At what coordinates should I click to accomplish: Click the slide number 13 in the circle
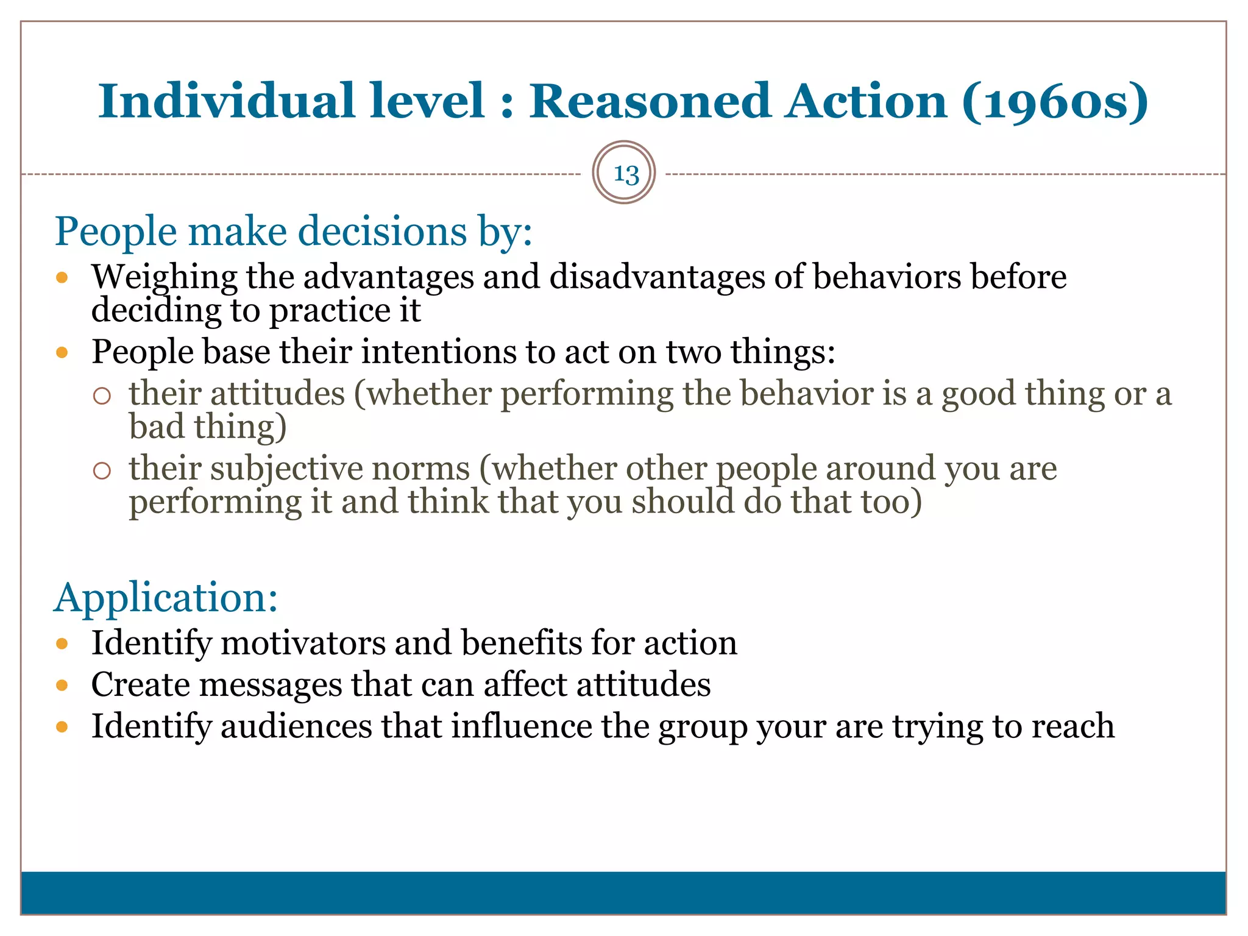[x=625, y=174]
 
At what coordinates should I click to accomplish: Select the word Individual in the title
[x=226, y=101]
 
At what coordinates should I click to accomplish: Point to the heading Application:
[x=166, y=597]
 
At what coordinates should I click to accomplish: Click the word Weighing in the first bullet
[x=164, y=277]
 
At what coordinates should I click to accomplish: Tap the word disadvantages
[x=657, y=277]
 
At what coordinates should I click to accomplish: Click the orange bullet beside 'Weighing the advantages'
[x=62, y=278]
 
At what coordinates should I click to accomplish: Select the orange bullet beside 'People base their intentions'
[x=62, y=352]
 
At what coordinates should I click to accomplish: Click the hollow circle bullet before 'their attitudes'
[x=102, y=396]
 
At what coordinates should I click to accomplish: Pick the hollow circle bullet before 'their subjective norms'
[x=102, y=470]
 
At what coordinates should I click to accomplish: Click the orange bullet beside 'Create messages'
[x=62, y=686]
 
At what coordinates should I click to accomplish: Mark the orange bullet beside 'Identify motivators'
[x=62, y=644]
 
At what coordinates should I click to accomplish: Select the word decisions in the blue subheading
[x=382, y=232]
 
